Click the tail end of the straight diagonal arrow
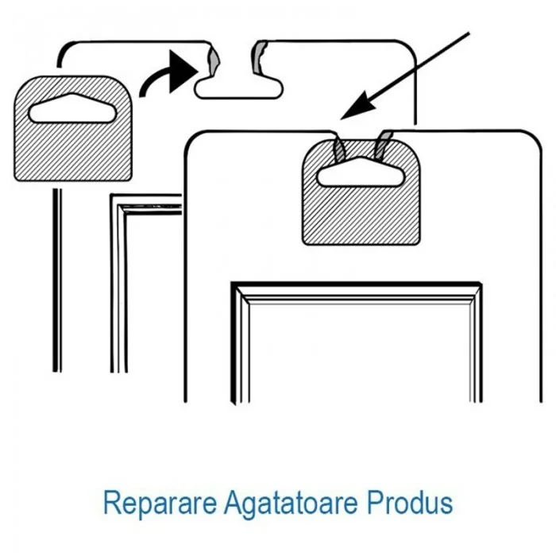tap(469, 33)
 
